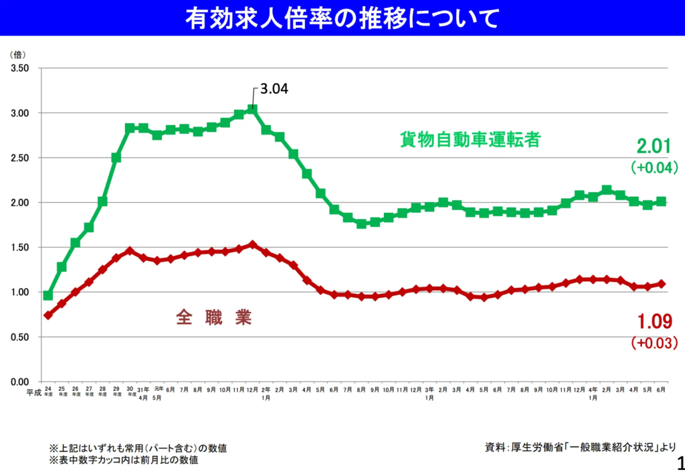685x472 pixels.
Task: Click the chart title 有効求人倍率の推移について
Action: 342,18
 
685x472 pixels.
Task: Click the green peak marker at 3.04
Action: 252,109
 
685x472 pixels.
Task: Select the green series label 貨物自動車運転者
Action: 470,140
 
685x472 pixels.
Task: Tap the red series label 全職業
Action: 214,317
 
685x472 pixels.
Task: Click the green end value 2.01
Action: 654,147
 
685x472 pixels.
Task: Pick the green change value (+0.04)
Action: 654,167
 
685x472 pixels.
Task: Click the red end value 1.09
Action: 654,322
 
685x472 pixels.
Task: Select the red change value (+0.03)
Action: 654,343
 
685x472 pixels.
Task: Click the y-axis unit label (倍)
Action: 18,54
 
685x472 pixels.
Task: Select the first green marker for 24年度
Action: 48,295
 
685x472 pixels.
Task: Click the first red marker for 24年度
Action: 48,315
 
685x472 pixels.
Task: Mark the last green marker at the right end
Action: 661,202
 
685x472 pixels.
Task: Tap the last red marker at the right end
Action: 661,284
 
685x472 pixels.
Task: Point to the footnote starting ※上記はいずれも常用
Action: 142,447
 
